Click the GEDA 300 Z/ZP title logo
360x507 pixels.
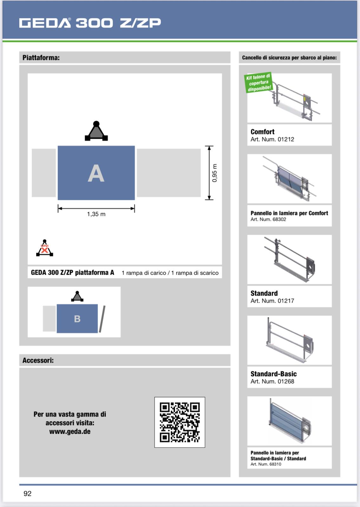(90, 23)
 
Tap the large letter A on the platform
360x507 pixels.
(96, 173)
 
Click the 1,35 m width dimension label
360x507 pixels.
(96, 214)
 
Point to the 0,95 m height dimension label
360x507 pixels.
(215, 173)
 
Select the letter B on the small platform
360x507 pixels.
(77, 319)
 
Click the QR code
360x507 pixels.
(180, 422)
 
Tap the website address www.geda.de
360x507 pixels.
(70, 432)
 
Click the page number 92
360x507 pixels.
(28, 493)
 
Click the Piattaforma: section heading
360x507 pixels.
(41, 58)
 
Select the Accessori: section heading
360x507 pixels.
(38, 360)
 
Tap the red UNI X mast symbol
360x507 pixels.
(45, 248)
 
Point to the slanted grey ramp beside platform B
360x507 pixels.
(102, 319)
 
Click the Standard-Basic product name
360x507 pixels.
(273, 374)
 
